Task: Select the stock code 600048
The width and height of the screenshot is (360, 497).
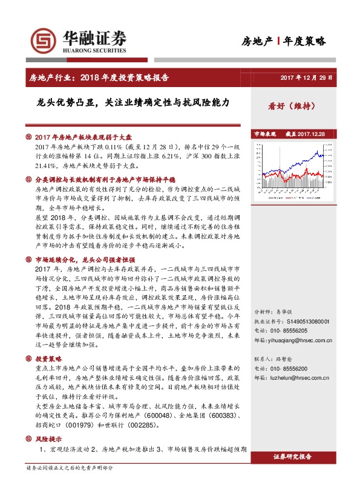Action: [171, 419]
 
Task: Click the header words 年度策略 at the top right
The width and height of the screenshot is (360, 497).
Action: [304, 42]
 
